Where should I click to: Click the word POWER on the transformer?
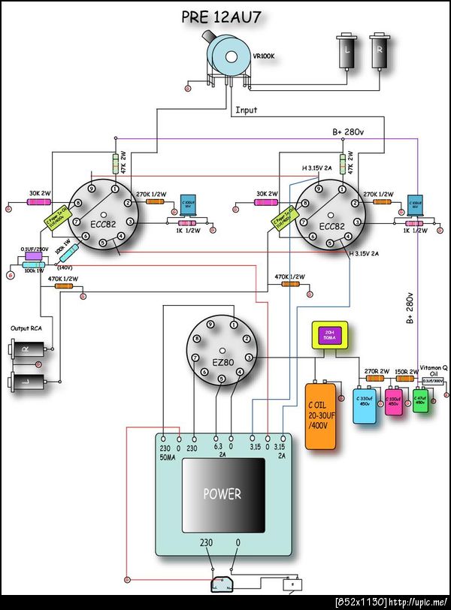[222, 494]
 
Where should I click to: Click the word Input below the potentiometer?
[247, 110]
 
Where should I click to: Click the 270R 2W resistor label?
[375, 371]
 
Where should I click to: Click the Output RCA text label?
[26, 328]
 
